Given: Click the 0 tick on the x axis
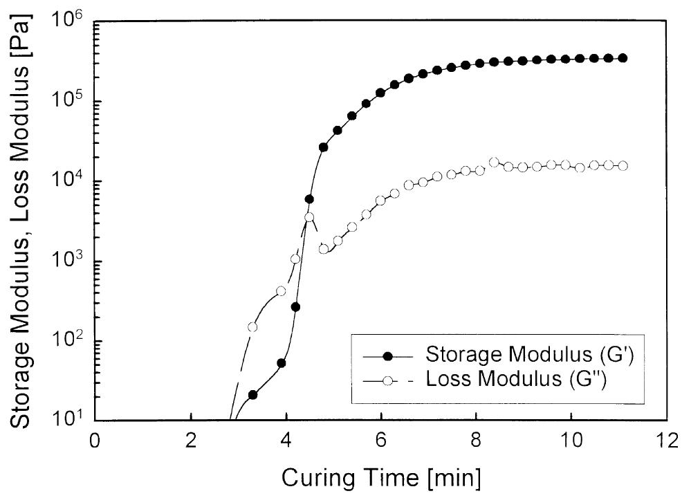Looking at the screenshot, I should point(95,441).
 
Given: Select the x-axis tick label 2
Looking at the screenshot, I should point(191,441).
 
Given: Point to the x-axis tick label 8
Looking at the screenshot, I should point(477,441).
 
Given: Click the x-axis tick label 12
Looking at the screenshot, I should point(667,441).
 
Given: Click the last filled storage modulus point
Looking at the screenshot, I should point(623,58).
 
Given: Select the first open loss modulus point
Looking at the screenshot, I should point(252,327).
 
